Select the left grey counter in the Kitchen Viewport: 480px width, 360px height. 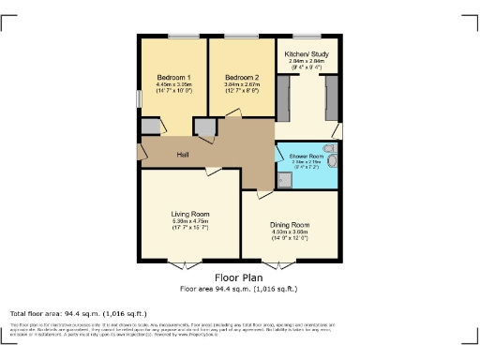click(x=283, y=97)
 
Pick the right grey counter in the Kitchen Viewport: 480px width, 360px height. click(x=331, y=97)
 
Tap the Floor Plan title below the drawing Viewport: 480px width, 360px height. click(x=239, y=277)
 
